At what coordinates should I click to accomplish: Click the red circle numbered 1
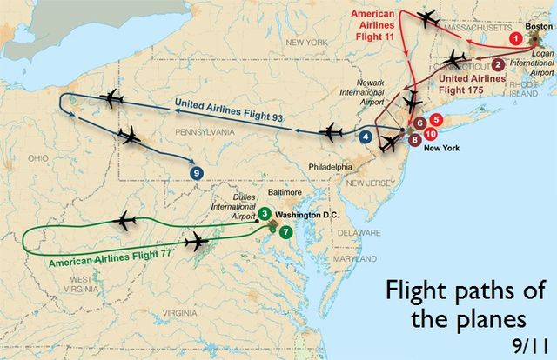coord(515,39)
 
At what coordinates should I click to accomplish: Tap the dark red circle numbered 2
coord(498,63)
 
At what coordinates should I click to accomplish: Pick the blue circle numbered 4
coord(366,137)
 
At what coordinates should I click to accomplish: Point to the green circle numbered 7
coord(285,232)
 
